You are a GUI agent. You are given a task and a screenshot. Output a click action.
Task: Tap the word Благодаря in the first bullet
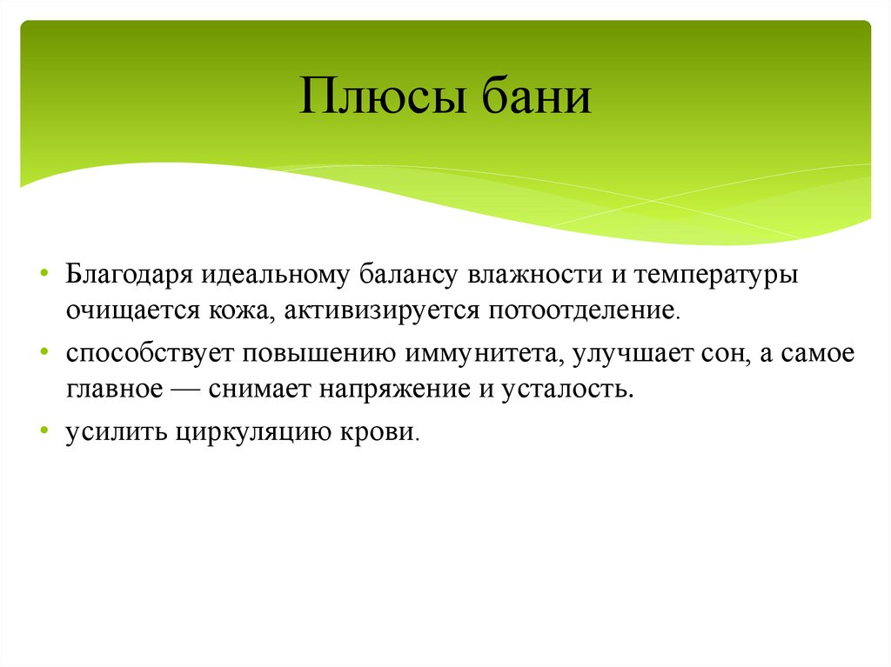[x=131, y=276]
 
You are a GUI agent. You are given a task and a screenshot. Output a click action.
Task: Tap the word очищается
[x=118, y=310]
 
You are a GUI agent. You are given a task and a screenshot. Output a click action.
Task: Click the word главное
[x=112, y=389]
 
